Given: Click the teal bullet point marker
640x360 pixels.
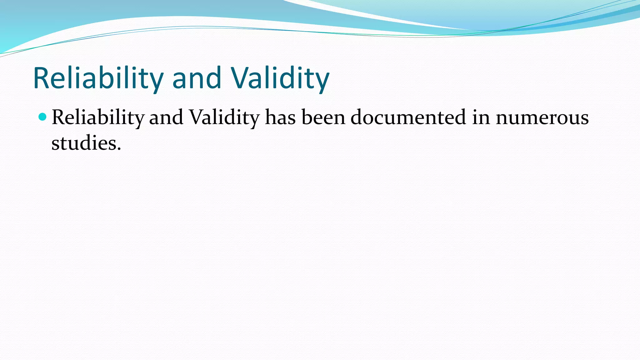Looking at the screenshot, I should coord(42,117).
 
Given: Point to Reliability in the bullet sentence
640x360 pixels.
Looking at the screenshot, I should coord(98,117).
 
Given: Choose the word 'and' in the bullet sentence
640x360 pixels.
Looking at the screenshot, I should coord(166,117).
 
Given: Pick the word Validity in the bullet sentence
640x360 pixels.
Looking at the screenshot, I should coord(224,117).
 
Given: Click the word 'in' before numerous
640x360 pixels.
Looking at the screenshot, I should coord(481,117).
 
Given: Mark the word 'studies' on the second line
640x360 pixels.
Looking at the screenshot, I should coord(84,143).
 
